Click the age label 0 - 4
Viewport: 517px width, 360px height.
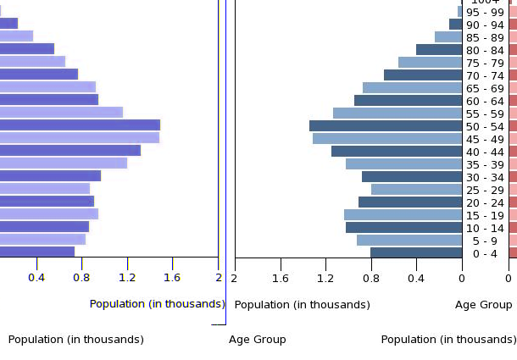pos(486,253)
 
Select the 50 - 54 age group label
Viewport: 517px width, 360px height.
pos(486,126)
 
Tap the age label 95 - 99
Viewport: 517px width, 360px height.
pos(486,12)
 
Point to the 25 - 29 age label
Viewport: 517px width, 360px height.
pos(486,190)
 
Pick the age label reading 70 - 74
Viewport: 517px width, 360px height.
pos(486,75)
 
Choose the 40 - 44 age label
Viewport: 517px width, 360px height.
pos(486,152)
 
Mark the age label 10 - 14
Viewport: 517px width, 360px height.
pos(486,228)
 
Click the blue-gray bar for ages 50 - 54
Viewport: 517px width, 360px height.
pos(386,126)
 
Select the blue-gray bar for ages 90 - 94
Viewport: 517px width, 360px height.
pos(456,25)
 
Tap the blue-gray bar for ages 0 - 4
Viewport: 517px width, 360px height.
pos(416,252)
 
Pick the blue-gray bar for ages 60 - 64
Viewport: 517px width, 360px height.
pos(408,101)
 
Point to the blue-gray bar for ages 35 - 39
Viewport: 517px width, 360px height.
pos(403,164)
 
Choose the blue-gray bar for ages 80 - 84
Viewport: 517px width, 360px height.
pos(439,50)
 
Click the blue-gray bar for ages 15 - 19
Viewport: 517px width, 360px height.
pos(403,215)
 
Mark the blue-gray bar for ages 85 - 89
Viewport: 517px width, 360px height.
pos(448,37)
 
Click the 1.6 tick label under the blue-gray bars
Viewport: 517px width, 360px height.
pos(280,277)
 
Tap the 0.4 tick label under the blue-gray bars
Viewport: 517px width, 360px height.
pos(416,277)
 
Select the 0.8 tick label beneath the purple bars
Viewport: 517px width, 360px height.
pos(81,277)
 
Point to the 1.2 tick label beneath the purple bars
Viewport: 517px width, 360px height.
pos(127,277)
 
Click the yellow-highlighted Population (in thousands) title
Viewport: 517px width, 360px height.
pos(157,304)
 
